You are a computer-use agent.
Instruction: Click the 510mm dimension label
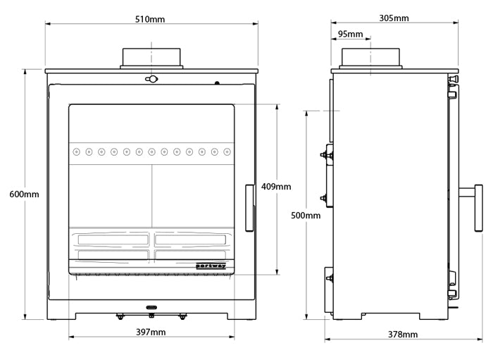point(150,19)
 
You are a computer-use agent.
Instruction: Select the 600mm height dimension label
point(24,194)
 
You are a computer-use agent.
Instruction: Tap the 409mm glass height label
point(275,187)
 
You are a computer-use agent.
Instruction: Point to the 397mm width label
point(150,331)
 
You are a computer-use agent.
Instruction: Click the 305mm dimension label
point(393,18)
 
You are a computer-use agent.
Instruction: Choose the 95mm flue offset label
point(350,34)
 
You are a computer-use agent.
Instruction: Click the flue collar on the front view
point(151,58)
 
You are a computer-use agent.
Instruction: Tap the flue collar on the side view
point(371,58)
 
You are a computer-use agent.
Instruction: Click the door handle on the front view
point(249,208)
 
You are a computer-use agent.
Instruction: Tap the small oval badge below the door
point(151,307)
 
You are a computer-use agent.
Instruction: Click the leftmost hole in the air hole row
point(76,151)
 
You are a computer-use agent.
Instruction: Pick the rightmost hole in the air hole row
point(226,151)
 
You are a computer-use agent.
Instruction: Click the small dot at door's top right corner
point(218,84)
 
